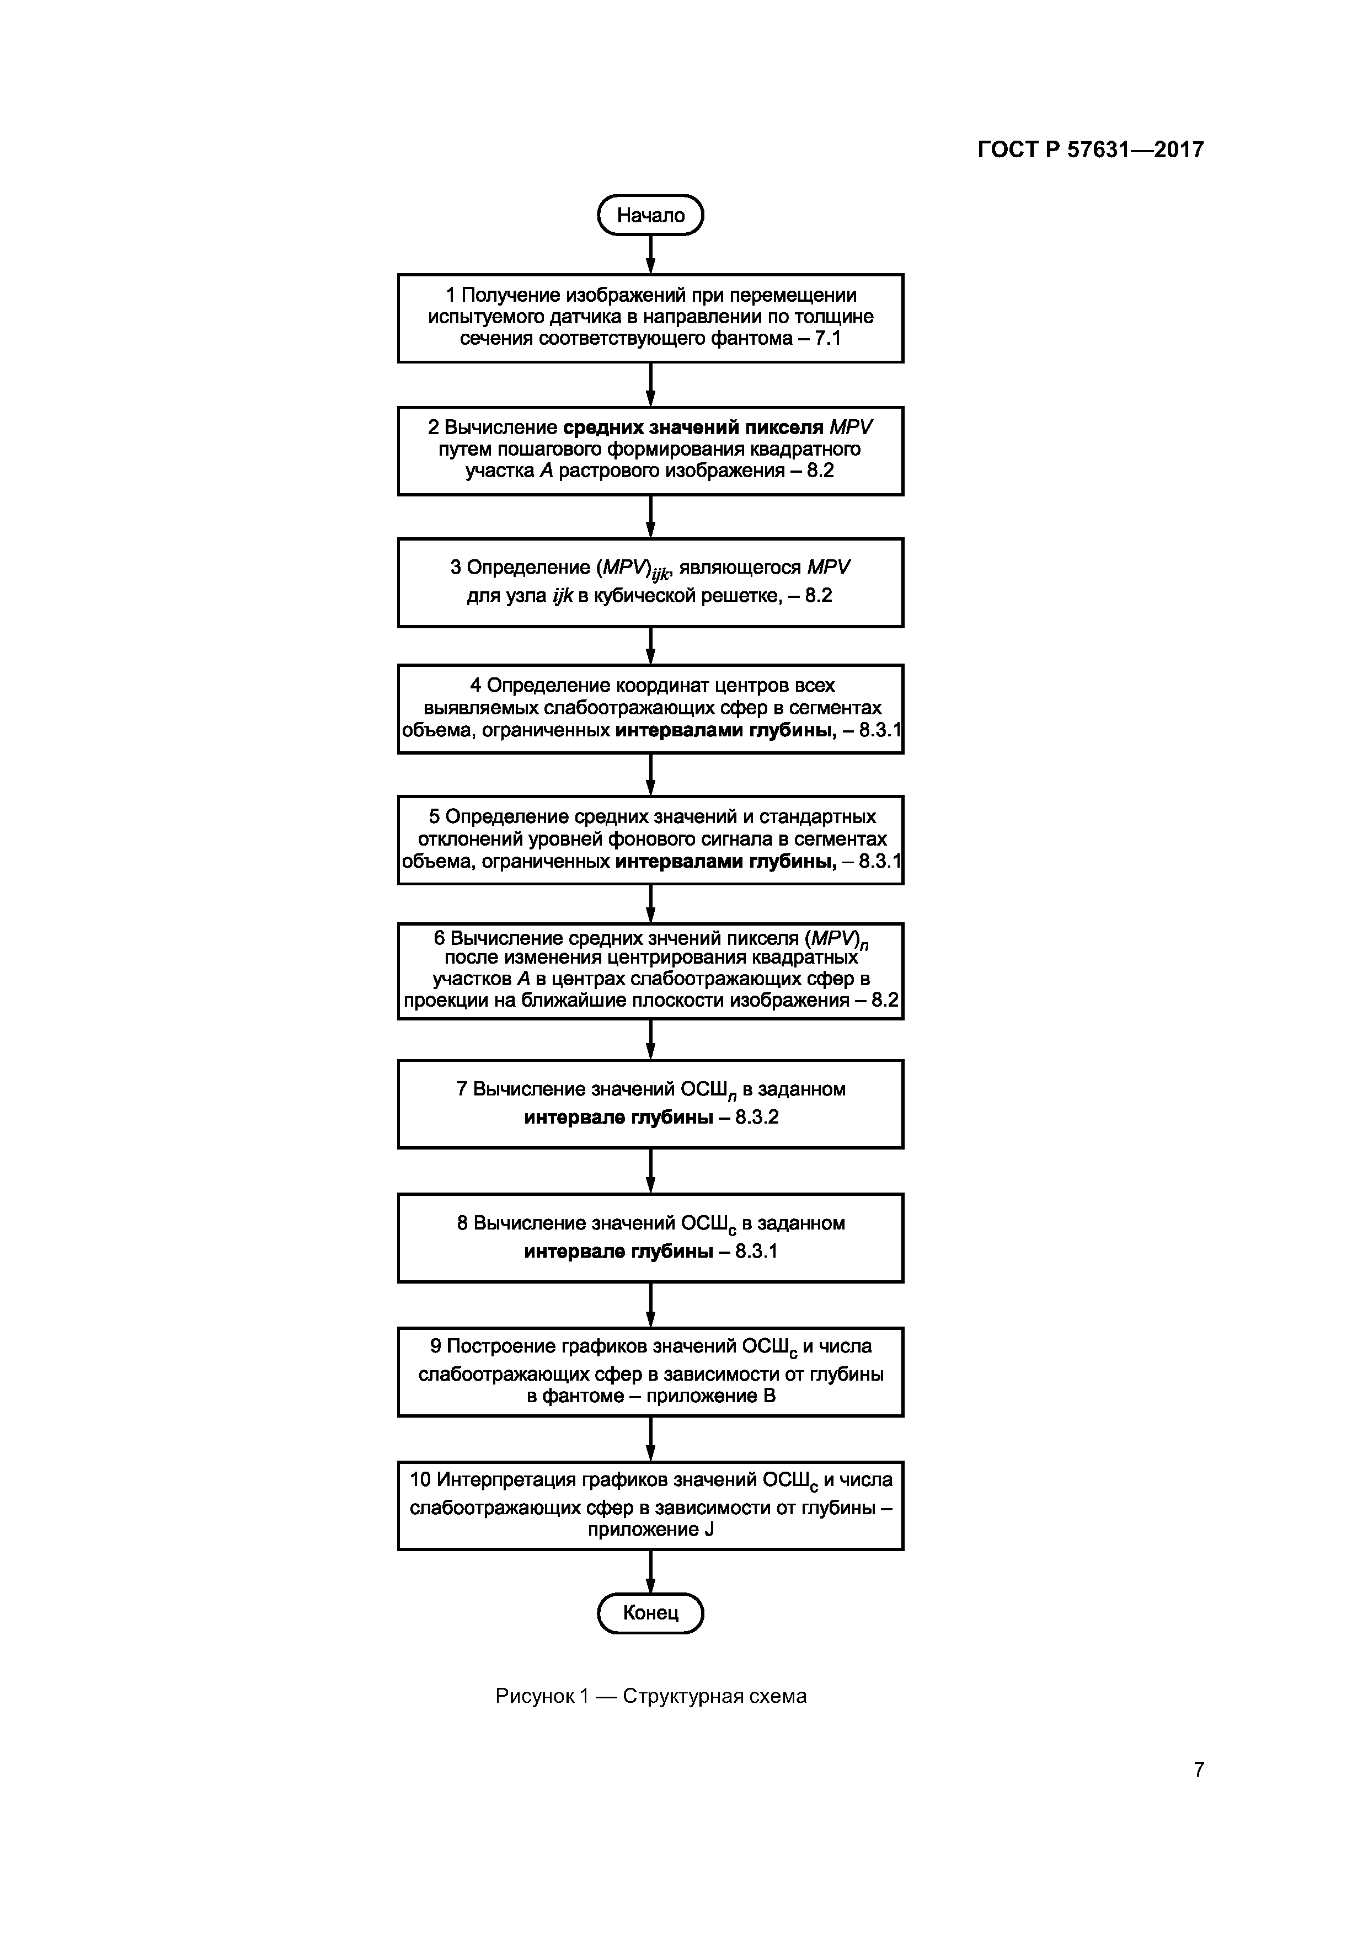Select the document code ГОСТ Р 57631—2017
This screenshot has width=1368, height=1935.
[1090, 150]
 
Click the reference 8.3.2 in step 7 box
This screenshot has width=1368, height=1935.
[757, 1118]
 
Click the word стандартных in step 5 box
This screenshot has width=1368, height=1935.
[817, 817]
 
